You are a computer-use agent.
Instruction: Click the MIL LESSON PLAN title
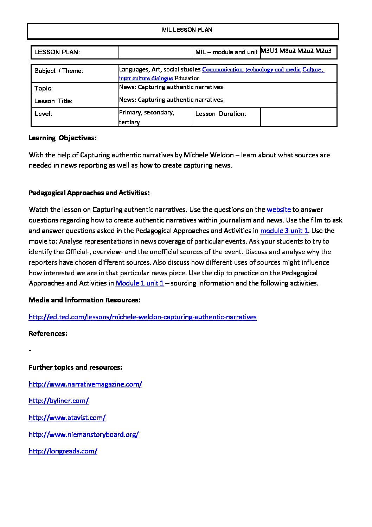[x=187, y=30]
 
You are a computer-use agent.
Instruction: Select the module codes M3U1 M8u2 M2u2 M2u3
[x=296, y=51]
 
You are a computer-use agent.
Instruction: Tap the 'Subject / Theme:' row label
[x=59, y=71]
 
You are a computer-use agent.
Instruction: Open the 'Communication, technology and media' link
[x=251, y=70]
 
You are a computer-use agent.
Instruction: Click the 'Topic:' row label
[x=44, y=88]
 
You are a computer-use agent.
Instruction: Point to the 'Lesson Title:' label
[x=53, y=101]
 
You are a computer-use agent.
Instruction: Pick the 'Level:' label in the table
[x=43, y=114]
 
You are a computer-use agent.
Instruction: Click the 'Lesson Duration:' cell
[x=220, y=114]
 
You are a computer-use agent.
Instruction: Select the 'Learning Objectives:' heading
[x=63, y=138]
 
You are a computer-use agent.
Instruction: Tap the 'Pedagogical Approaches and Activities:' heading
[x=89, y=193]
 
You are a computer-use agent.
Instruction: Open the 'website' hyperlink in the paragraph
[x=279, y=210]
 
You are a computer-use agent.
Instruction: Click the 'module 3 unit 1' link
[x=284, y=231]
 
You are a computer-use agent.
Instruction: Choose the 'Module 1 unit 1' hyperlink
[x=140, y=283]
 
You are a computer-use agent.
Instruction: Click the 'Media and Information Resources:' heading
[x=85, y=300]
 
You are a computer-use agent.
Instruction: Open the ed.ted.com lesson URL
[x=142, y=317]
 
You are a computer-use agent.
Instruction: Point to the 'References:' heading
[x=48, y=334]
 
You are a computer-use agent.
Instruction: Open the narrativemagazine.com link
[x=85, y=384]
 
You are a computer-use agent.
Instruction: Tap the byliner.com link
[x=58, y=401]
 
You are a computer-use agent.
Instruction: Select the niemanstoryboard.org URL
[x=84, y=435]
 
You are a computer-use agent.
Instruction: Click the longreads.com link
[x=63, y=451]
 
